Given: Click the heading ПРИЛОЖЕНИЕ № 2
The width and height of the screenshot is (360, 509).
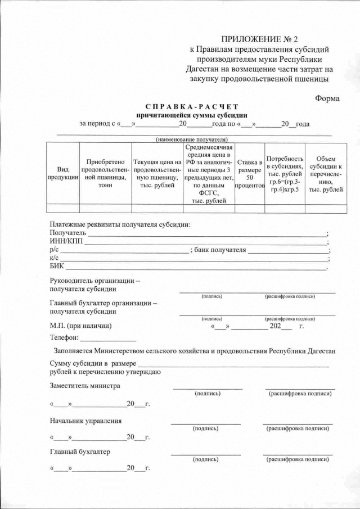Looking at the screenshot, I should [x=259, y=39].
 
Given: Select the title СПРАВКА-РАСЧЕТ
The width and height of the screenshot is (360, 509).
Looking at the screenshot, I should [x=192, y=107].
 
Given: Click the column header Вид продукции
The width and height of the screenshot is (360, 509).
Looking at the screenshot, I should [x=63, y=173].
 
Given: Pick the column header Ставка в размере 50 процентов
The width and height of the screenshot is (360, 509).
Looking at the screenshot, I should [x=250, y=173].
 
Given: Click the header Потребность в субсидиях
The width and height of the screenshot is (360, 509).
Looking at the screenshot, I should [x=285, y=174].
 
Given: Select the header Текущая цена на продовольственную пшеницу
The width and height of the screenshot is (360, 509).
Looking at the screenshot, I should [x=157, y=173].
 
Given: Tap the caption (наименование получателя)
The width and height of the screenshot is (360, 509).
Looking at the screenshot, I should [x=192, y=138].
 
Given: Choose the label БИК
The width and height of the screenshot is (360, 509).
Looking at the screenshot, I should [x=57, y=267].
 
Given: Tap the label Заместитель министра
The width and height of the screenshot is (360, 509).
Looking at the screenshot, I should [x=84, y=386].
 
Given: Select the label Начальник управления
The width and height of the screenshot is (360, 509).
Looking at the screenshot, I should [x=85, y=420].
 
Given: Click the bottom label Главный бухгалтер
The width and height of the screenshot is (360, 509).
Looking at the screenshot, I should [x=80, y=451].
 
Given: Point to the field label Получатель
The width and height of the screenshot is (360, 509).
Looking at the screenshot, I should [x=68, y=233].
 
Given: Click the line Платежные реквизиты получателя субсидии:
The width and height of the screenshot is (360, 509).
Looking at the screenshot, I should [x=120, y=224].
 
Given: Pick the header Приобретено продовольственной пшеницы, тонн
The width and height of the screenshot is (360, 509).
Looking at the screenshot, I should [x=105, y=173].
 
